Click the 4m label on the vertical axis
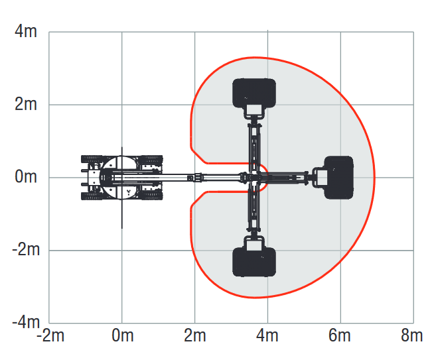pos(26,31)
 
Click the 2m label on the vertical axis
pos(26,104)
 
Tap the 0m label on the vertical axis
pos(26,176)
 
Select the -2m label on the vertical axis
pos(26,250)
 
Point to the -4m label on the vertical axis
pos(26,322)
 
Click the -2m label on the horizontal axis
pos(50,335)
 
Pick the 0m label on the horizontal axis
pos(122,335)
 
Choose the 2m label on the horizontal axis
pos(195,335)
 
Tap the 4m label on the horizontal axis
pos(267,335)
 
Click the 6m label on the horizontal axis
pos(340,335)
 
